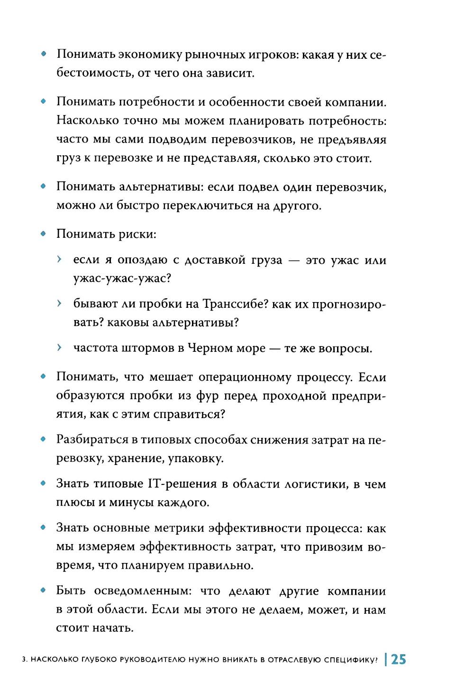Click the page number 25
pyautogui.click(x=399, y=659)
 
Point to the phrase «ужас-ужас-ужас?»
pyautogui.click(x=122, y=278)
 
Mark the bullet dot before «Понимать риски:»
pyautogui.click(x=43, y=234)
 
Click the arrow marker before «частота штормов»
pyautogui.click(x=59, y=348)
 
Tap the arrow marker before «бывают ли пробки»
pyautogui.click(x=59, y=304)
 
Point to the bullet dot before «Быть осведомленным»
pyautogui.click(x=43, y=591)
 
